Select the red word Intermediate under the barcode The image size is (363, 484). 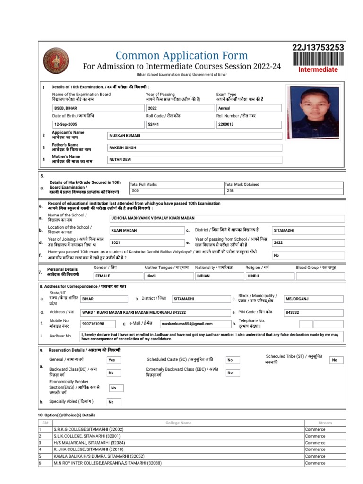pos(318,70)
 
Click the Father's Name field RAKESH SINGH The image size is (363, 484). pos(123,148)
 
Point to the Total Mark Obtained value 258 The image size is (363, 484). pos(230,191)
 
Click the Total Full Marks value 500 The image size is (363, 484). pos(136,191)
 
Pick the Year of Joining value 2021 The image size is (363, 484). pos(116,242)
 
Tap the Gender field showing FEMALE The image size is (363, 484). pos(103,275)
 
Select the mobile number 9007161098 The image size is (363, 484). pos(93,324)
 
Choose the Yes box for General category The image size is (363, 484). pos(112,360)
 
